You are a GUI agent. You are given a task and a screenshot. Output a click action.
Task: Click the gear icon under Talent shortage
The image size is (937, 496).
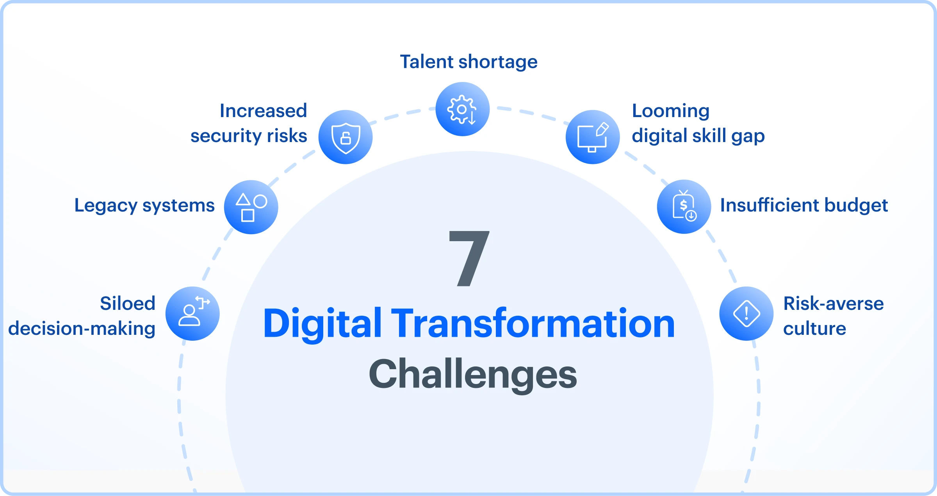(462, 109)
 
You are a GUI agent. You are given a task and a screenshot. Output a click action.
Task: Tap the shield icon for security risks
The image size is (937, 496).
(346, 137)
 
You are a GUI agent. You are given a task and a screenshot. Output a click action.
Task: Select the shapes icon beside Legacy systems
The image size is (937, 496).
(251, 207)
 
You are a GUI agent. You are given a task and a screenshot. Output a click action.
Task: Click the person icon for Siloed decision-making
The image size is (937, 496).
(192, 314)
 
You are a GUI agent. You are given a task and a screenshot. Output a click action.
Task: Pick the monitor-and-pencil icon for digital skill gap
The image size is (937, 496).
(593, 137)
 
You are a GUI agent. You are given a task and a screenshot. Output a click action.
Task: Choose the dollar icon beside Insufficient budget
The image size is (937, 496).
(684, 207)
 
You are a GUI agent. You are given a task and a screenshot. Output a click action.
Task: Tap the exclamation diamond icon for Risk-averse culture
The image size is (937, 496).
(746, 314)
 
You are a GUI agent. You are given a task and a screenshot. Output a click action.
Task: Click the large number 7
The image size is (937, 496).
(469, 258)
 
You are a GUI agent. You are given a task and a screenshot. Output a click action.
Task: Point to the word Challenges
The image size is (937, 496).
(473, 374)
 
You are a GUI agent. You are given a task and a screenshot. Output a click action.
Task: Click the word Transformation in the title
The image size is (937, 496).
(533, 324)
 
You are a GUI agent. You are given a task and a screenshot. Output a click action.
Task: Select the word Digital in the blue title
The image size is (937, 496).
(322, 324)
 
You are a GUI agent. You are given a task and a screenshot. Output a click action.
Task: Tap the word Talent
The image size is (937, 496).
(427, 62)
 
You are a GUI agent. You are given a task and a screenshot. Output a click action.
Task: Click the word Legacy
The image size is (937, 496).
(106, 206)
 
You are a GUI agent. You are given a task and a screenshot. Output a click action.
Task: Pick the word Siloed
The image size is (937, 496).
(128, 303)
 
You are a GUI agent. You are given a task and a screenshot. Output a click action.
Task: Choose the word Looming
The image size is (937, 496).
(671, 111)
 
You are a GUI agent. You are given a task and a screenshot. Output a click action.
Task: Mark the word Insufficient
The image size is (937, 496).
(770, 205)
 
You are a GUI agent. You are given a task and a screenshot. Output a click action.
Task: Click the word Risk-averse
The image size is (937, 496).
(834, 303)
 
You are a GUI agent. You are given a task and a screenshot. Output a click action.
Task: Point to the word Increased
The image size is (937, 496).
(263, 111)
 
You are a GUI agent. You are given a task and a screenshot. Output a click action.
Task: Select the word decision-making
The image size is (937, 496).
(82, 329)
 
